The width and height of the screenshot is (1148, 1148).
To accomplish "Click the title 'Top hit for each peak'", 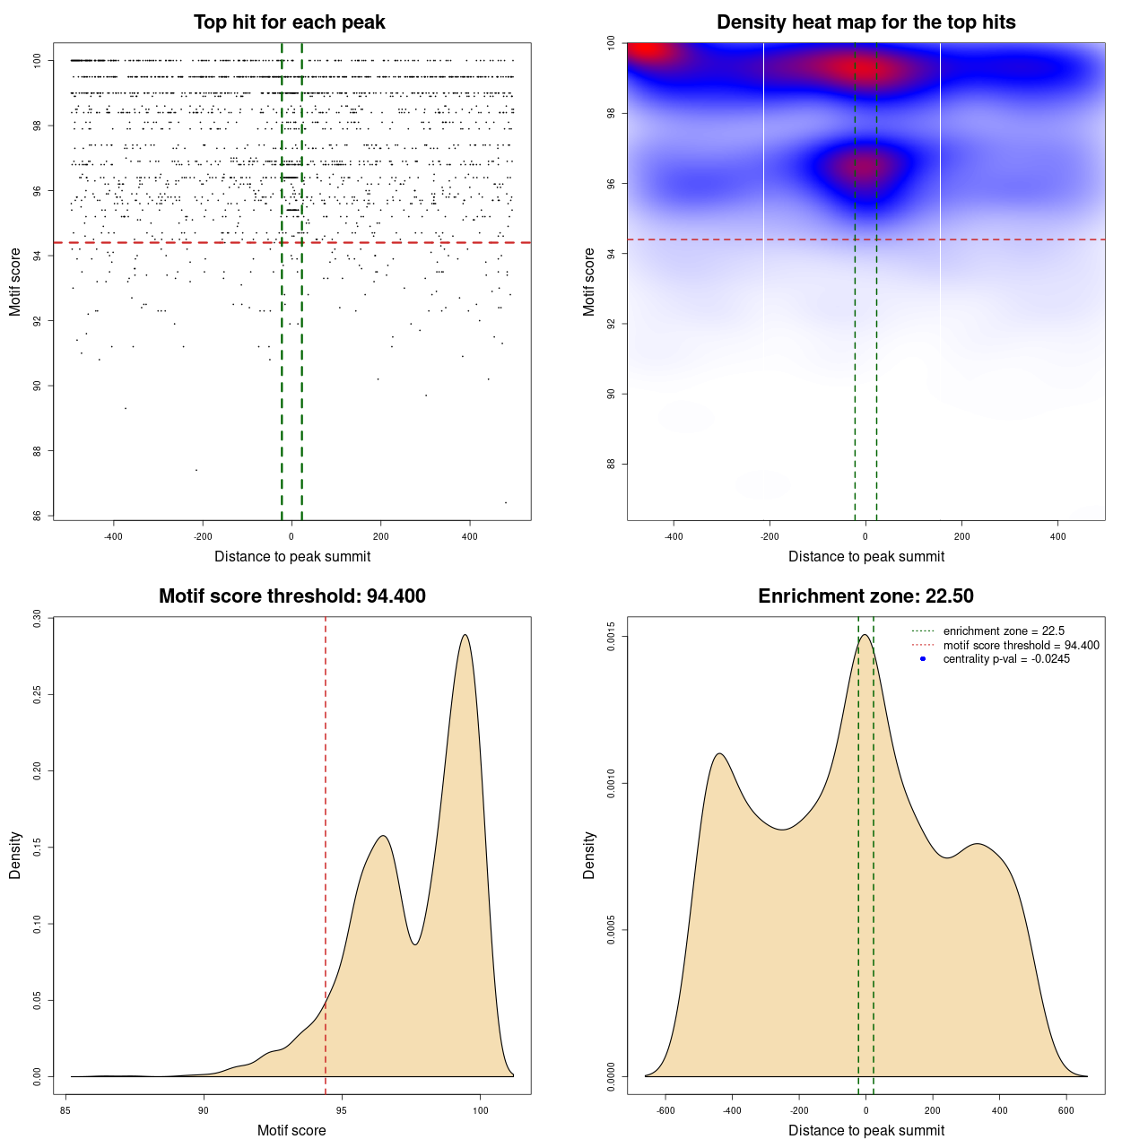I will [x=290, y=22].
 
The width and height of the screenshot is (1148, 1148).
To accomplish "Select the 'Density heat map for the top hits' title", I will [x=865, y=22].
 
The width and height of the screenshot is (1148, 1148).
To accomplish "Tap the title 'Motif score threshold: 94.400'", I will [x=291, y=596].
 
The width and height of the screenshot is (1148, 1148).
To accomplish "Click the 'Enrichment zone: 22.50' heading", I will [x=865, y=596].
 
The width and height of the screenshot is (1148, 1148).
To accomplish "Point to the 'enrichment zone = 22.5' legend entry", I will [x=1004, y=631].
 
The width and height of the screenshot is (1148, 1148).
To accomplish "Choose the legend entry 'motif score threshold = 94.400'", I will [x=1021, y=646].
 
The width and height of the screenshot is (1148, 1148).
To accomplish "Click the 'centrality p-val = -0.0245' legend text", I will [x=1006, y=659].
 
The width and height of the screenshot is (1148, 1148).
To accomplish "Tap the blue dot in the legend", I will [x=923, y=659].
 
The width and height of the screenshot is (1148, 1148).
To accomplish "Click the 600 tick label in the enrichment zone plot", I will [x=1066, y=1110].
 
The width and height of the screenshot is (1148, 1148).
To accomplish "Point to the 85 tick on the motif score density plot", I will [x=65, y=1110].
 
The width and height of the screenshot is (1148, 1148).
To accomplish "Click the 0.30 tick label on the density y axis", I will [x=37, y=618].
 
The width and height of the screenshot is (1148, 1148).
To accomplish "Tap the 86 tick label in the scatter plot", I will [x=37, y=516].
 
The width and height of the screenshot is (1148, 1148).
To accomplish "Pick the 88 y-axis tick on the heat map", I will [x=611, y=464].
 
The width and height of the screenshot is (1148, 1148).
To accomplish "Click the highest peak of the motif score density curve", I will [x=465, y=635].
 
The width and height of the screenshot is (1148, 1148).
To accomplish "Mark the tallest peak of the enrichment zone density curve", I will [x=865, y=635].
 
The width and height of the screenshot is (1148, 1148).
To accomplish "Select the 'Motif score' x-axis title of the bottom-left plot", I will [x=291, y=1130].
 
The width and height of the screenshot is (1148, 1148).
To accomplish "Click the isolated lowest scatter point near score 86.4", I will [x=506, y=502].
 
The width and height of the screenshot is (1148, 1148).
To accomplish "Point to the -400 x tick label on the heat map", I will [x=674, y=536].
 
